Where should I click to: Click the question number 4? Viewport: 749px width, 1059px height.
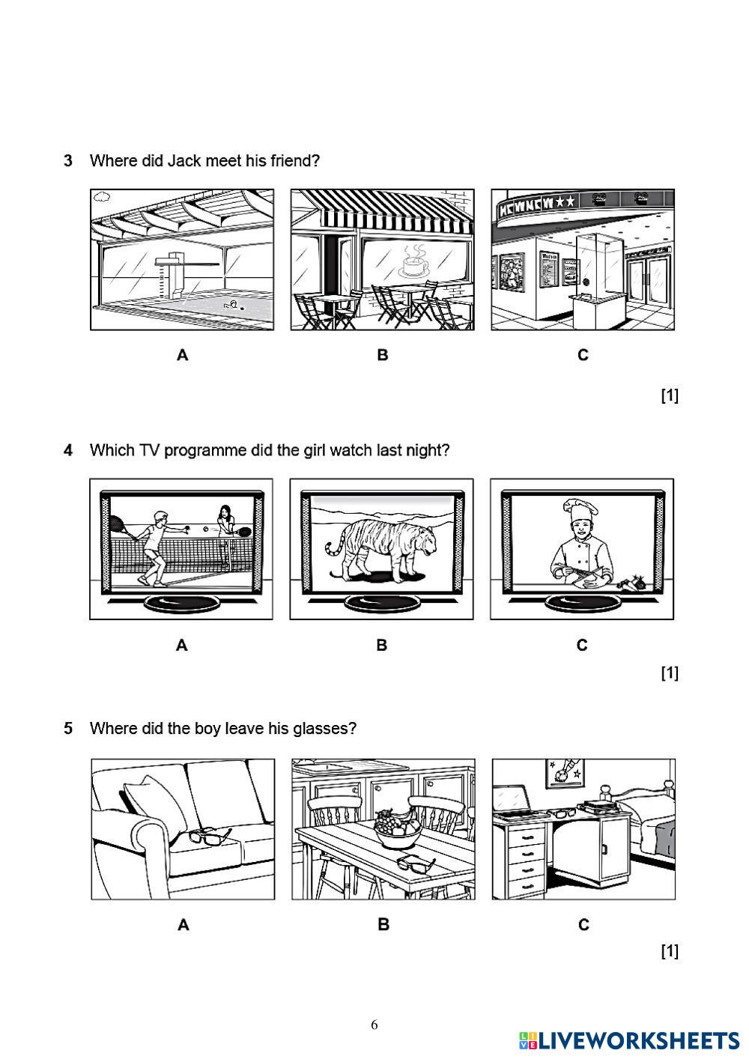[x=68, y=450]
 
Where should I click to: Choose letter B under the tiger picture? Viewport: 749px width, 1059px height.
[x=382, y=645]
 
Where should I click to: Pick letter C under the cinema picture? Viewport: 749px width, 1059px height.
[x=583, y=355]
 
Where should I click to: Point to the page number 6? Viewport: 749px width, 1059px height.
[x=374, y=1025]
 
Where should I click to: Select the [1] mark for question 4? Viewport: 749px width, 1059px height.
[x=669, y=673]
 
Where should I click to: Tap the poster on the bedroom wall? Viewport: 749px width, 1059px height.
[x=565, y=773]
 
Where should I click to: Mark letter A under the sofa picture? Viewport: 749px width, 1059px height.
[x=184, y=925]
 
